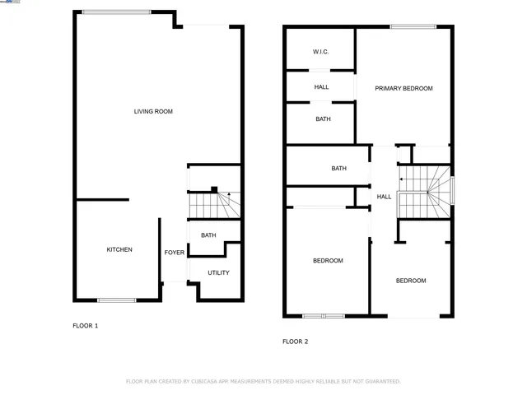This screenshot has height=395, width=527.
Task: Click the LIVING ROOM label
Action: [x=153, y=111]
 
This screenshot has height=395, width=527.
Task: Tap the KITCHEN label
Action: [x=119, y=249]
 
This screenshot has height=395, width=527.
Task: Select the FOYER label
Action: [x=174, y=253]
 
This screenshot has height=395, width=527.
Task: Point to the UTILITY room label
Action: [x=218, y=272]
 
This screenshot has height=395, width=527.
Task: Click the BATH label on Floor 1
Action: [x=208, y=235]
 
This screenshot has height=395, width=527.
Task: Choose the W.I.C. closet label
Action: [x=320, y=52]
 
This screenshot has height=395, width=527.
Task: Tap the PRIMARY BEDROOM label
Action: [x=403, y=88]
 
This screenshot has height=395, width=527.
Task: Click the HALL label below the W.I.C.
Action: [x=321, y=86]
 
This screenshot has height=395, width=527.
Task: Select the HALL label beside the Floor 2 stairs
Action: [x=384, y=197]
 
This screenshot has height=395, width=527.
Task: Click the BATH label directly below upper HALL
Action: [x=323, y=119]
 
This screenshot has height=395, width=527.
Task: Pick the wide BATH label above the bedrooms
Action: [x=338, y=169]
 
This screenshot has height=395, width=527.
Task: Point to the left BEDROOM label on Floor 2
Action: [x=328, y=261]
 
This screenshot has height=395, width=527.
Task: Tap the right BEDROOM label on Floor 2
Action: [x=411, y=281]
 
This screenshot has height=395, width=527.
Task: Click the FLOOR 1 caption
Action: [x=85, y=326]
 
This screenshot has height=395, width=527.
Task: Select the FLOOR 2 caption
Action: [x=295, y=341]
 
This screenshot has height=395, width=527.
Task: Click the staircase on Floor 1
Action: [x=214, y=204]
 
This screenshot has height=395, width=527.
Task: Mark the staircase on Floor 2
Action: [x=425, y=193]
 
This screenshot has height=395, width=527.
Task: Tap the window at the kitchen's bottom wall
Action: [x=117, y=300]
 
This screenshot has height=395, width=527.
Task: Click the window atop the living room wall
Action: [x=116, y=12]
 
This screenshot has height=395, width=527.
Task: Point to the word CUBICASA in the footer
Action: [x=208, y=382]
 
